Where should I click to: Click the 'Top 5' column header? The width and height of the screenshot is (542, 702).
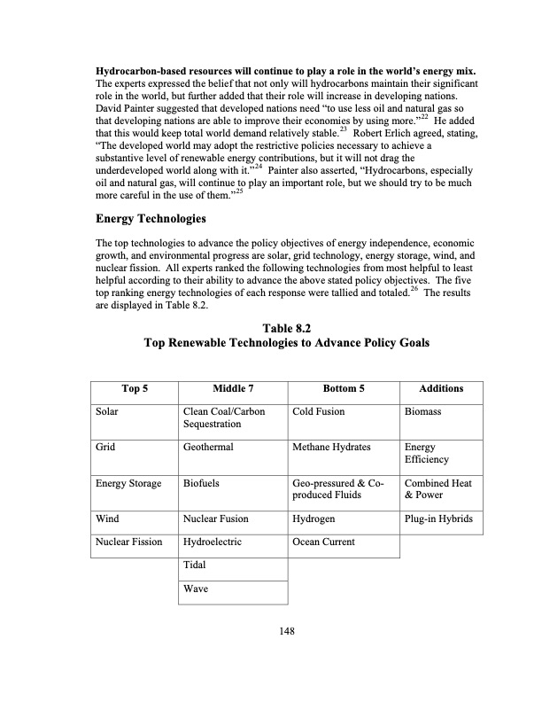coord(134,388)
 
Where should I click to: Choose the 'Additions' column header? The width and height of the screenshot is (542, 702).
coord(441,388)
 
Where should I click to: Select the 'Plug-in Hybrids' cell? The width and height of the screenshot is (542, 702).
coord(440,519)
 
